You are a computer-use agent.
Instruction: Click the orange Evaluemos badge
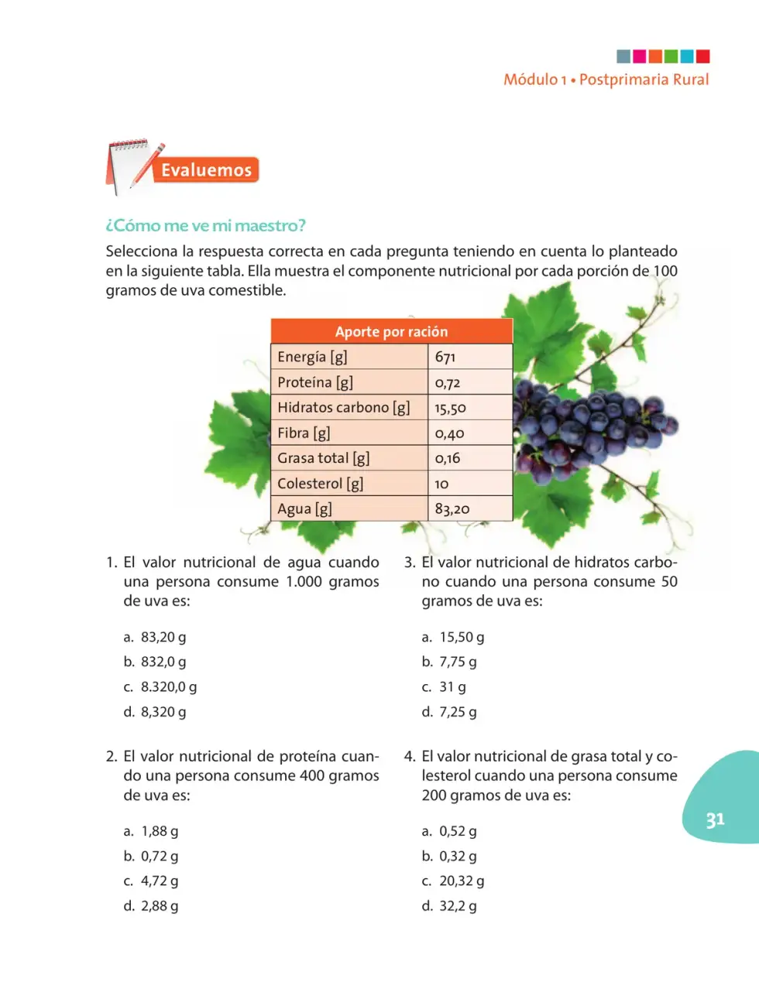[206, 170]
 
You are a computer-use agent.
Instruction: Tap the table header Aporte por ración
[391, 331]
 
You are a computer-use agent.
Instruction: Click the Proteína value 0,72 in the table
[447, 382]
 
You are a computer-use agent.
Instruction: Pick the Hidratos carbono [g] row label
[344, 408]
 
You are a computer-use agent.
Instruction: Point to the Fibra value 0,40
[449, 433]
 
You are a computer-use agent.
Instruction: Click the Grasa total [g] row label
[323, 458]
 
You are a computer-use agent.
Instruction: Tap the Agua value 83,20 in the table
[452, 508]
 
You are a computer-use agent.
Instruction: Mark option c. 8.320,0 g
[160, 686]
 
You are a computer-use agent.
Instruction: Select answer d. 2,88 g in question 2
[151, 905]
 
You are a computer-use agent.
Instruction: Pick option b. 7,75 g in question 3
[449, 662]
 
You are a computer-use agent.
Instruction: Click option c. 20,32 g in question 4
[452, 881]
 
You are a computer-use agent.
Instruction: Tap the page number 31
[715, 820]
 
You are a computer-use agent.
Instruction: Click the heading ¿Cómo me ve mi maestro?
[205, 225]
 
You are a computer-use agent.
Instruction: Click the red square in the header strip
[702, 56]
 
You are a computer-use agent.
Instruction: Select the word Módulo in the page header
[531, 79]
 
